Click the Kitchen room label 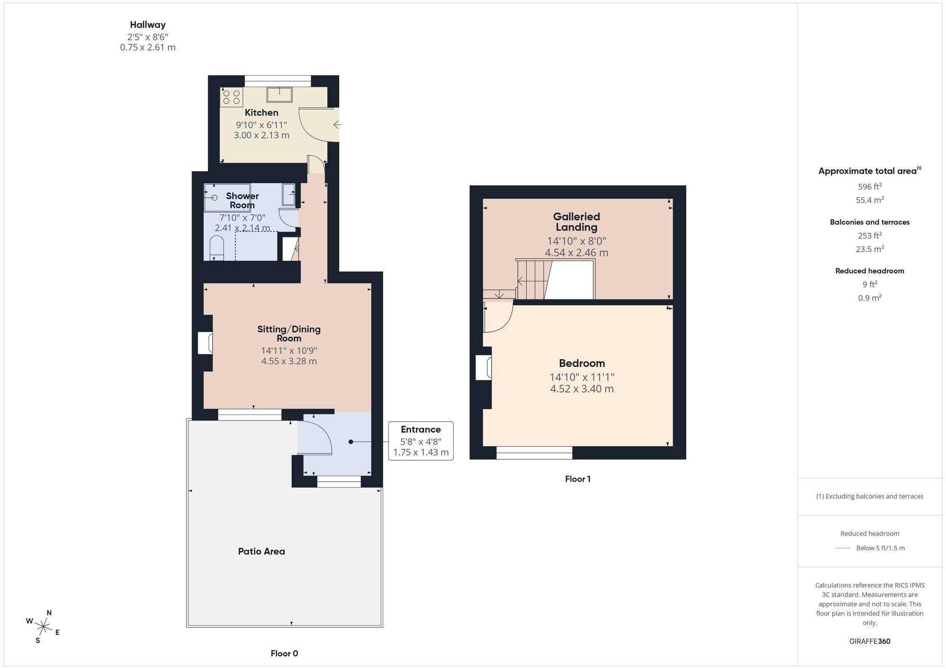pos(261,113)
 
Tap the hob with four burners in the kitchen pos(231,97)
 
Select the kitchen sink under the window pos(279,95)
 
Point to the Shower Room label pos(242,200)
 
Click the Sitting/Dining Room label pos(289,333)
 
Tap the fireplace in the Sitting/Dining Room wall pos(206,343)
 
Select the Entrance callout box pos(420,441)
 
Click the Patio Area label pos(261,551)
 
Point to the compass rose pos(43,627)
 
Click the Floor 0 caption pos(284,653)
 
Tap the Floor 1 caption pos(578,479)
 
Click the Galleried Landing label pos(576,221)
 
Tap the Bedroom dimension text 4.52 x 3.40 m pos(581,389)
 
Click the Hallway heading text pos(148,25)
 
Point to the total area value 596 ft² pos(869,186)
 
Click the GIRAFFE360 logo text pos(869,641)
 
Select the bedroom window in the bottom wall pos(534,452)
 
